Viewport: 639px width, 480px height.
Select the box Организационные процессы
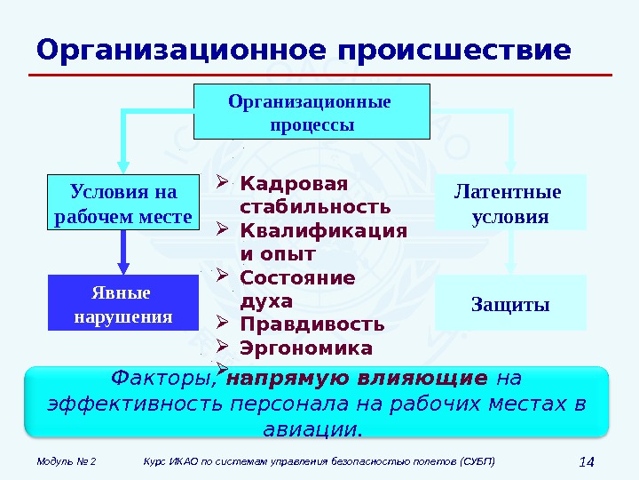coord(311,112)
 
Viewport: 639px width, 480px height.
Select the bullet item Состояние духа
coord(296,289)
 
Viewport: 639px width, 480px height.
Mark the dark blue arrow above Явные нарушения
coord(123,252)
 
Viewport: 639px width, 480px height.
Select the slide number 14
coord(585,462)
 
